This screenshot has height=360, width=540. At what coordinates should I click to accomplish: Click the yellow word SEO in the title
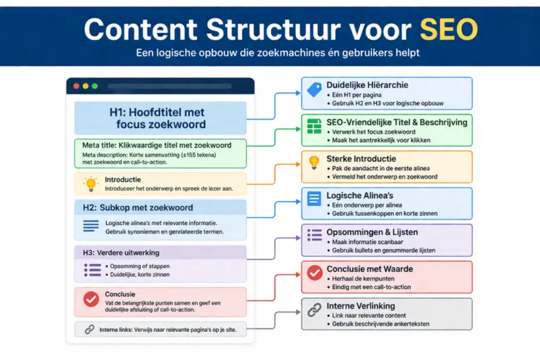tap(449, 29)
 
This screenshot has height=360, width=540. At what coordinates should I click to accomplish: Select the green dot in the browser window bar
tap(94, 86)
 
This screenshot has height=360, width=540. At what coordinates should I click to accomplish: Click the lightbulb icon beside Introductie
tap(90, 184)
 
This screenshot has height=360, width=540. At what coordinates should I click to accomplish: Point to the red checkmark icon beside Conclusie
tap(91, 299)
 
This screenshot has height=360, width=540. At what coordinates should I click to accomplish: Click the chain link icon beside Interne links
tap(89, 329)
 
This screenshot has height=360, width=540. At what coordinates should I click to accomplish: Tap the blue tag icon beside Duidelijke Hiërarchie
tap(314, 89)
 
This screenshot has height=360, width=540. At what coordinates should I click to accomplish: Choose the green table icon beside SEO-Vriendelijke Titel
tap(314, 126)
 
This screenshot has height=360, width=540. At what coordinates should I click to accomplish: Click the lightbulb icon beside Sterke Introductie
tap(314, 162)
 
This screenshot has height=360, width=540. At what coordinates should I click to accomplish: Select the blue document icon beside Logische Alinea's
tap(314, 200)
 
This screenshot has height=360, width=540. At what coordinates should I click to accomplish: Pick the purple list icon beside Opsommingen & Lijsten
tap(314, 236)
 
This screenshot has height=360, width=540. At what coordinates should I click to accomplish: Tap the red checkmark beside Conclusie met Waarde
tap(314, 273)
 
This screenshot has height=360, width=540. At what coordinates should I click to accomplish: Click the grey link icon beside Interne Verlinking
tap(314, 310)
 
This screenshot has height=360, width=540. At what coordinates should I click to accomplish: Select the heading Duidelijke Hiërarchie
tap(367, 85)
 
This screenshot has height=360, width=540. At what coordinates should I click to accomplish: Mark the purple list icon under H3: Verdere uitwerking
tap(92, 269)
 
